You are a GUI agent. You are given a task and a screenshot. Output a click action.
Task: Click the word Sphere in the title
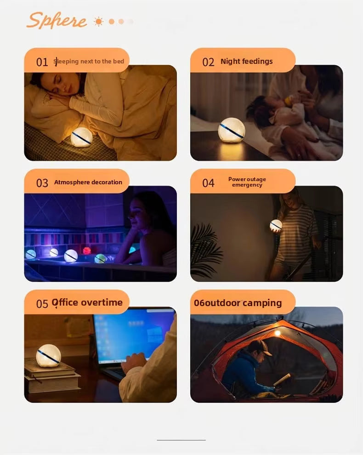(x=57, y=20)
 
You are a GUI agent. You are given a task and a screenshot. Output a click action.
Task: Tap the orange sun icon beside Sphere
(x=99, y=22)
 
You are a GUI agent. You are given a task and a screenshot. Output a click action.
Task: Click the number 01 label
(x=42, y=62)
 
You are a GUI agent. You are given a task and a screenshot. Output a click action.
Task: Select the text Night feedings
(x=247, y=62)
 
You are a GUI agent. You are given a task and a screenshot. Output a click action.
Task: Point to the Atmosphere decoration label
(x=88, y=182)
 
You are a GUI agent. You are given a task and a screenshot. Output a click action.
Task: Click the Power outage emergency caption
(x=247, y=182)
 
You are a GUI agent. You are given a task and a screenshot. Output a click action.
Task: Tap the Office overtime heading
(x=87, y=302)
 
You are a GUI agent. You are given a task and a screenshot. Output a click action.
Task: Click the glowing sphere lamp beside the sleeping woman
(x=81, y=136)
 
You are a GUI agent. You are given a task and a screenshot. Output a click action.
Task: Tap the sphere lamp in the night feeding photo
(x=232, y=130)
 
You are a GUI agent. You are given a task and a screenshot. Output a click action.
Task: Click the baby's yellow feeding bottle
(x=288, y=101)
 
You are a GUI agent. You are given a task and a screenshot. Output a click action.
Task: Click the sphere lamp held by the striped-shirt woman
(x=276, y=225)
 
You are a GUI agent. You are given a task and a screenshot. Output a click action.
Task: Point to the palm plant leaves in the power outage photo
(x=205, y=250)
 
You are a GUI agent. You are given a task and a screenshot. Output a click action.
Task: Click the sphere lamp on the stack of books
(x=48, y=356)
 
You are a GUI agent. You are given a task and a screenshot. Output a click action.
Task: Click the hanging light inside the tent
(x=278, y=333)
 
